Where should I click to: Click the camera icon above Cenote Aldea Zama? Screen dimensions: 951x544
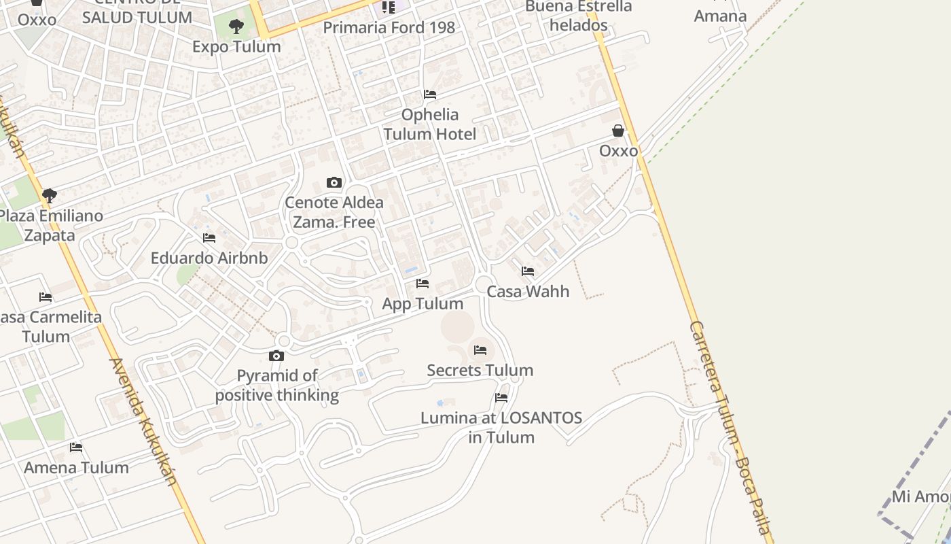[x=334, y=182]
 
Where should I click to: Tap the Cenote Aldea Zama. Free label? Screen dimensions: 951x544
[x=334, y=212]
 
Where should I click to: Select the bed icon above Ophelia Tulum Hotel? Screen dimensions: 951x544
[x=430, y=95]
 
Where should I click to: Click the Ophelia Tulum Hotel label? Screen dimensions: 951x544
[x=430, y=124]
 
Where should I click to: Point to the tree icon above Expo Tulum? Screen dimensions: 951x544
[x=236, y=27]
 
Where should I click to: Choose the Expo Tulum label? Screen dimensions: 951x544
[x=236, y=47]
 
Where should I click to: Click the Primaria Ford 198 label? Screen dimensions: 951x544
[x=389, y=28]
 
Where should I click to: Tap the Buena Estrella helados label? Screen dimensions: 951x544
[x=579, y=16]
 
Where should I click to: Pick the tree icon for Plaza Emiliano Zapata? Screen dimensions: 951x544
[x=49, y=196]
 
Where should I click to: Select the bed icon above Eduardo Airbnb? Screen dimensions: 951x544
[x=209, y=238]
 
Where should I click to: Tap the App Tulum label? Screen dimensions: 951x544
[x=423, y=304]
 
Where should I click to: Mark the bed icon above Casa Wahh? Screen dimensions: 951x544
[x=528, y=271]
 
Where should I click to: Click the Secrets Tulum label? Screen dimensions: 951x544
[x=480, y=371]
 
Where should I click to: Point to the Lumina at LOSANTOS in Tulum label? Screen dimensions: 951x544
[x=501, y=427]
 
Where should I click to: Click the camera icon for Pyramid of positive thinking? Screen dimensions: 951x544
[x=276, y=356]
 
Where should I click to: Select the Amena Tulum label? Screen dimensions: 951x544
[x=76, y=468]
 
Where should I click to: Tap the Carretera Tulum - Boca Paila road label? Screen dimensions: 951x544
[x=730, y=428]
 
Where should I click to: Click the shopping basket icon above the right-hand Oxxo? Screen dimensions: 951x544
[x=618, y=131]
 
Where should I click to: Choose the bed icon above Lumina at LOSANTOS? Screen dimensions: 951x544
[x=501, y=398]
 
